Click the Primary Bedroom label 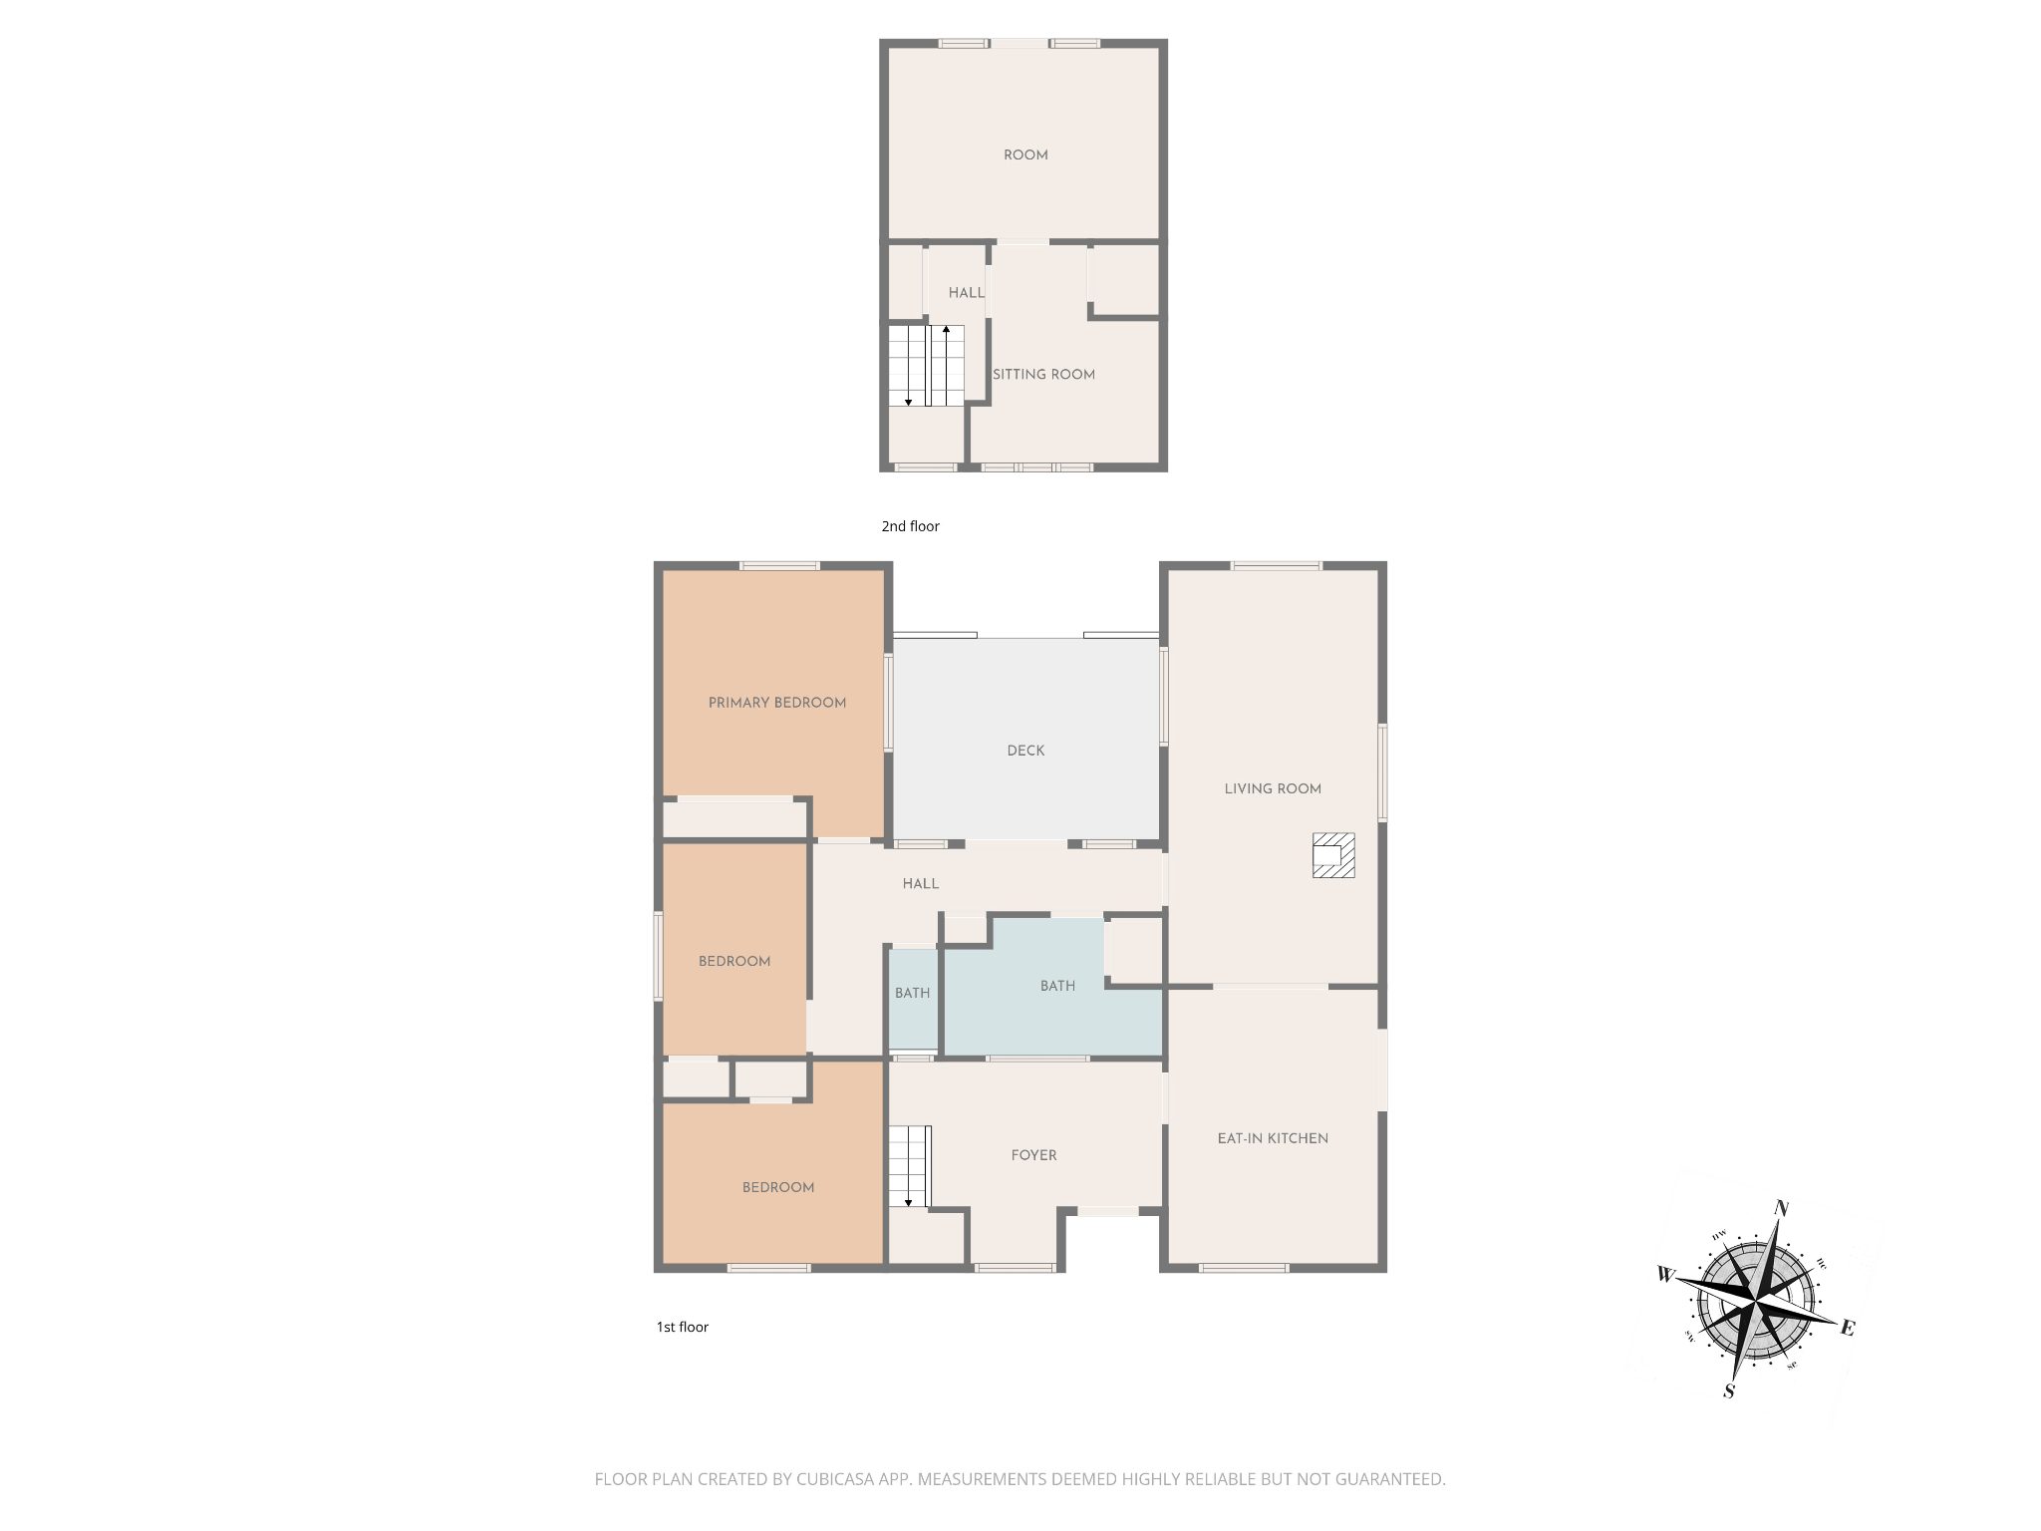pyautogui.click(x=777, y=703)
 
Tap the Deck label pyautogui.click(x=1025, y=751)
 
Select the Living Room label pyautogui.click(x=1273, y=788)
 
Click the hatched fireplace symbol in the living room pyautogui.click(x=1333, y=855)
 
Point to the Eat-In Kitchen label pyautogui.click(x=1273, y=1138)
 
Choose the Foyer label pyautogui.click(x=1033, y=1155)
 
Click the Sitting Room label pyautogui.click(x=1043, y=375)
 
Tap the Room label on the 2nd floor pyautogui.click(x=1025, y=155)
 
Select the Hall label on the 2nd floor pyautogui.click(x=966, y=293)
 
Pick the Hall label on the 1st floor pyautogui.click(x=921, y=884)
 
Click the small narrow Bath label pyautogui.click(x=912, y=993)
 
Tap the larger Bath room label pyautogui.click(x=1057, y=986)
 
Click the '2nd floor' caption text pyautogui.click(x=910, y=526)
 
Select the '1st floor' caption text pyautogui.click(x=682, y=1327)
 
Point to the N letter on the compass pyautogui.click(x=1782, y=1209)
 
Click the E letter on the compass pyautogui.click(x=1847, y=1328)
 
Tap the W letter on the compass pyautogui.click(x=1665, y=1274)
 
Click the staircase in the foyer pyautogui.click(x=910, y=1166)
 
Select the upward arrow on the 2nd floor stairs pyautogui.click(x=946, y=365)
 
